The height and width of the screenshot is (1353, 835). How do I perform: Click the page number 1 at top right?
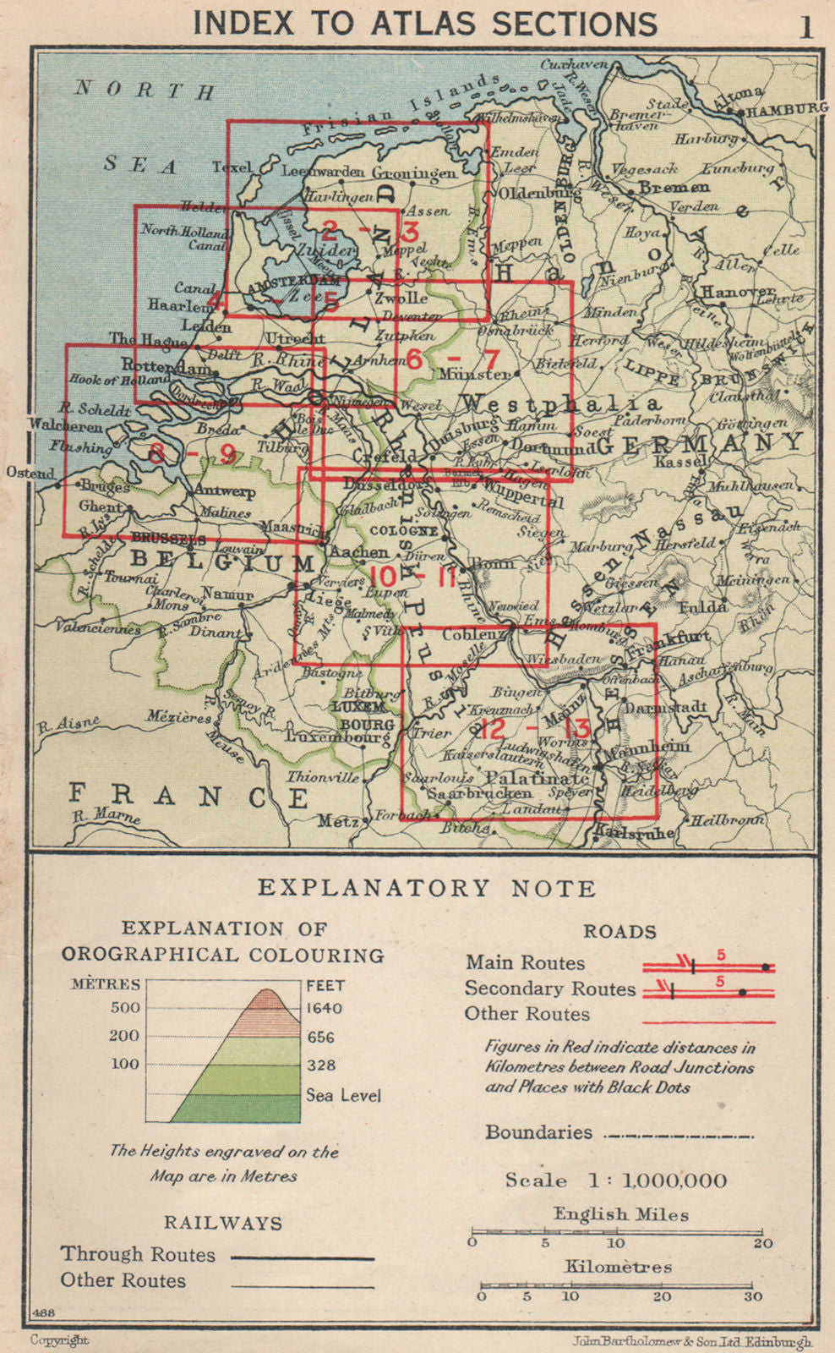[x=806, y=27]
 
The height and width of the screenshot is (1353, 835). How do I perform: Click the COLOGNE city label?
[x=405, y=531]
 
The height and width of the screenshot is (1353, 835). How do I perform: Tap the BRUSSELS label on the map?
[x=169, y=539]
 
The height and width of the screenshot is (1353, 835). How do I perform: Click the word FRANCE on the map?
[x=188, y=796]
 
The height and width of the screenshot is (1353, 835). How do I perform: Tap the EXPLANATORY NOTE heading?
[x=427, y=888]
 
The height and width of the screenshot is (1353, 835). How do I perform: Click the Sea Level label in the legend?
[x=343, y=1095]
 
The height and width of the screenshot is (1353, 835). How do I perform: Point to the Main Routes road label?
[x=525, y=962]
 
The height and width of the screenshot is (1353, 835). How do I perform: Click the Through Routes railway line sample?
[x=303, y=1258]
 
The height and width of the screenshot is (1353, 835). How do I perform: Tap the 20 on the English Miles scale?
[x=762, y=1243]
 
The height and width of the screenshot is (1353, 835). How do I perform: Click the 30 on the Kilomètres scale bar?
[x=752, y=1296]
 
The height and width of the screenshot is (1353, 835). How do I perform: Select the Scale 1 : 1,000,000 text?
[x=615, y=1180]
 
